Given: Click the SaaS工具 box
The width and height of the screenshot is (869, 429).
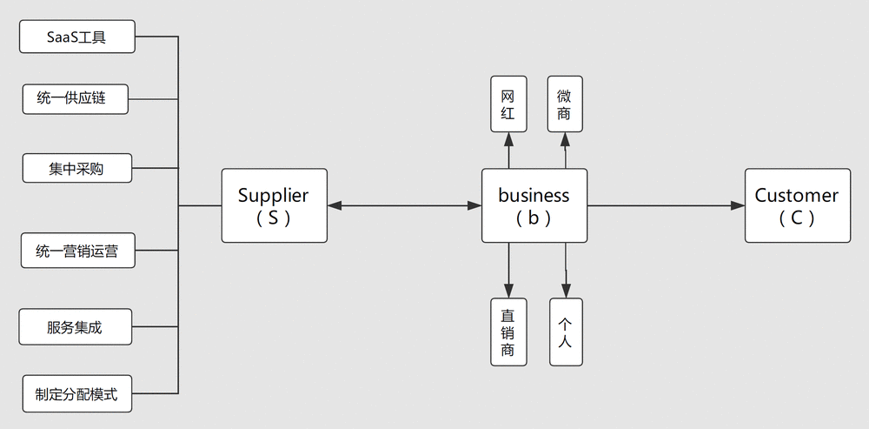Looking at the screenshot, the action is tap(77, 37).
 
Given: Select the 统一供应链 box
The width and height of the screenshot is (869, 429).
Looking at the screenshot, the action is tap(76, 99).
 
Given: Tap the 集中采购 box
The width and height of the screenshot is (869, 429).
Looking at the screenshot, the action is tap(77, 168).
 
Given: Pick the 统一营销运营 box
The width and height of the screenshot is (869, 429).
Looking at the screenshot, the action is tap(78, 251).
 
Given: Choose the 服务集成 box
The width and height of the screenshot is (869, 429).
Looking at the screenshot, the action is tap(76, 327).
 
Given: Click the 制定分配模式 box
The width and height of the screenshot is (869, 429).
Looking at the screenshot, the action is tap(77, 393).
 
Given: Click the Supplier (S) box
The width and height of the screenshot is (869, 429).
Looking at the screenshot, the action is tap(275, 205).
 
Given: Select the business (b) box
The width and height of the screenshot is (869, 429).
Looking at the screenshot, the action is tap(534, 205).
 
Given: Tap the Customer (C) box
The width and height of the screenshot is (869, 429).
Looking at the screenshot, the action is tap(798, 205).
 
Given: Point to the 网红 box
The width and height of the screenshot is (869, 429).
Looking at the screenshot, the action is tap(508, 104).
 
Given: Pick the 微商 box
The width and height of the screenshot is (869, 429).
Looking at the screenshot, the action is tap(565, 104).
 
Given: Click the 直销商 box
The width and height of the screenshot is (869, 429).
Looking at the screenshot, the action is tap(508, 332).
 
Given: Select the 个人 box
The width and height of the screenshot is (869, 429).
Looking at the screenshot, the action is tap(566, 332).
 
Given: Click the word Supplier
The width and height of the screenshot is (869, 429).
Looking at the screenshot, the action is tap(273, 195).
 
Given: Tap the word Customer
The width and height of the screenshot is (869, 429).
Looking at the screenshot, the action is tap(796, 195).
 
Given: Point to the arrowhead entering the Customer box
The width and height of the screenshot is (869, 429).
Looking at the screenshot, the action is tap(738, 206).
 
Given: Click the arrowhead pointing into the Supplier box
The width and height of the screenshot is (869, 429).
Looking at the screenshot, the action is tap(335, 206).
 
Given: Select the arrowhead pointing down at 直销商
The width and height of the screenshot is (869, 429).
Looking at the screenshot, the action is tap(508, 291).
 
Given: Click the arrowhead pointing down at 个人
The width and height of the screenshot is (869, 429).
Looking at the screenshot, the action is tap(566, 291).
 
